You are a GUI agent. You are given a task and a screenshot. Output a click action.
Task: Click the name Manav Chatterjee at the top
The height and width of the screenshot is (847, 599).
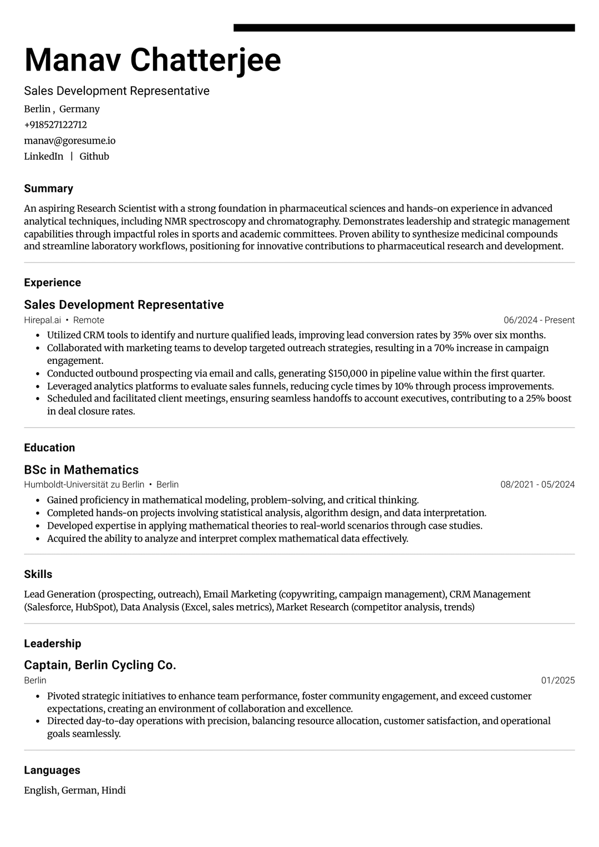153,60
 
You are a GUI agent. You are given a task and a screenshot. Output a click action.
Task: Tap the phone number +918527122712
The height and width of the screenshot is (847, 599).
55,125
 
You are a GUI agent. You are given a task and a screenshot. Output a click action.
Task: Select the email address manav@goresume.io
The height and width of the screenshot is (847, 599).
70,141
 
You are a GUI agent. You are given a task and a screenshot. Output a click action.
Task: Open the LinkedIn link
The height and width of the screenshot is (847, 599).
44,156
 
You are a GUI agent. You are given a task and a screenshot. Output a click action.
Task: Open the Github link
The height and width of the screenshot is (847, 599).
94,156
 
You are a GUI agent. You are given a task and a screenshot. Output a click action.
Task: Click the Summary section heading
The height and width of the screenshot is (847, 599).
49,189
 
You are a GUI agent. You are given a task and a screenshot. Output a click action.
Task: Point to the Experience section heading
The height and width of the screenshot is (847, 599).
53,283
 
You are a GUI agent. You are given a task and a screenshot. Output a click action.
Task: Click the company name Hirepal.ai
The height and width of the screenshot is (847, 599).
42,320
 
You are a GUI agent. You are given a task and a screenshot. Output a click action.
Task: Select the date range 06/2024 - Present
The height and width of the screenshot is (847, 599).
539,320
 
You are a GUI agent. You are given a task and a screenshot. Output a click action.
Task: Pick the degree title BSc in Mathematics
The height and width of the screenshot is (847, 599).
82,470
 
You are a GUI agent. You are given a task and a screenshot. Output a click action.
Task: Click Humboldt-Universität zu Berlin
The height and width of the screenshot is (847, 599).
84,485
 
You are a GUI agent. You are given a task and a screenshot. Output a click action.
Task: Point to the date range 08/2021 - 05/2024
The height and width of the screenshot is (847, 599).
537,485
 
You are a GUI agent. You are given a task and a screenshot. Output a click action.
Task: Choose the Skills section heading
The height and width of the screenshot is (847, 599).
38,575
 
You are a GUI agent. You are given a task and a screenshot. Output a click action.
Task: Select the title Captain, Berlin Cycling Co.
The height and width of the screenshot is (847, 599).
100,665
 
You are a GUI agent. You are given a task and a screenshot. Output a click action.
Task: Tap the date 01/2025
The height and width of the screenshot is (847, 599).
558,681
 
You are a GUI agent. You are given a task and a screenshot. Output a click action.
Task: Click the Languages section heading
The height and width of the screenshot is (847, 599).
52,770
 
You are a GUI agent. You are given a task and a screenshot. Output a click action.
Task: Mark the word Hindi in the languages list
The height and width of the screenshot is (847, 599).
114,790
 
